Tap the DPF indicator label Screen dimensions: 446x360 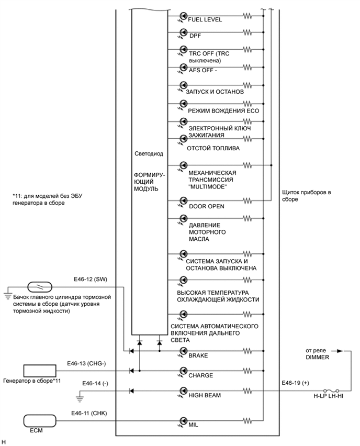[x=195, y=37]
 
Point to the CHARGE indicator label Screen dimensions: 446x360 [x=201, y=375]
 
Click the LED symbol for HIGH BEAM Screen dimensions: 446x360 [x=183, y=391]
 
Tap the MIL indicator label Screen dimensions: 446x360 [x=194, y=426]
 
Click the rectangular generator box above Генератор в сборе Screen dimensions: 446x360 [x=39, y=371]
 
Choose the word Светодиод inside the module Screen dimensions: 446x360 [x=150, y=155]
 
